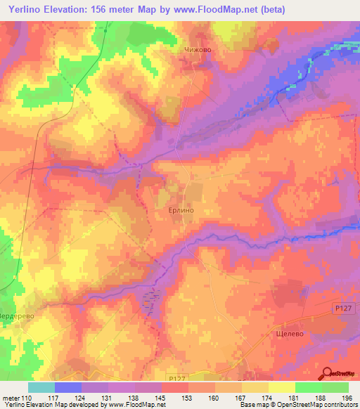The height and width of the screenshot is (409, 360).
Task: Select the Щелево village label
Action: [x=285, y=335]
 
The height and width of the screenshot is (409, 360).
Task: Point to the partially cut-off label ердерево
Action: [x=17, y=316]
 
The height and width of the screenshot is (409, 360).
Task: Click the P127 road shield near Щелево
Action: [x=342, y=309]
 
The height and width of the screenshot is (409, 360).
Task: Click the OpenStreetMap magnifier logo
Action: [x=328, y=372]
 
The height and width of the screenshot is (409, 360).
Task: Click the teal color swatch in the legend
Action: [x=41, y=387]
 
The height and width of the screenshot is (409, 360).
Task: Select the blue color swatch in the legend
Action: [x=68, y=387]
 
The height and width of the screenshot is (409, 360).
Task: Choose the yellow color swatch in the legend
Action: [x=281, y=387]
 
